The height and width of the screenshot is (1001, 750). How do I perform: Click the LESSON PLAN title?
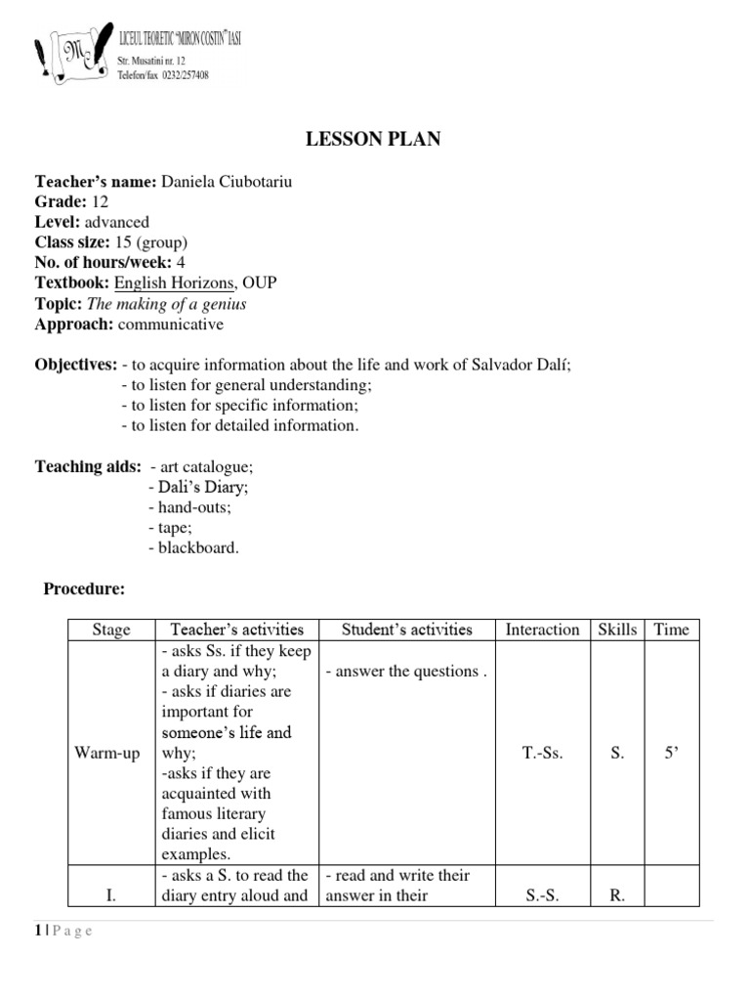(x=374, y=140)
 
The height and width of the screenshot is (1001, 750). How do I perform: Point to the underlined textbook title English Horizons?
(x=175, y=283)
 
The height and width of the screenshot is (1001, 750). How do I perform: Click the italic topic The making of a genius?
(x=182, y=304)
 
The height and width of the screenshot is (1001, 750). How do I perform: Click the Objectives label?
(x=76, y=365)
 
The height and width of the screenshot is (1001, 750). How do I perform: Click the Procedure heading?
(x=84, y=588)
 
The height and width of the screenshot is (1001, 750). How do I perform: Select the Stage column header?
(x=110, y=630)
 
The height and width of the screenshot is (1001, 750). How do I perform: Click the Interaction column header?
(x=542, y=630)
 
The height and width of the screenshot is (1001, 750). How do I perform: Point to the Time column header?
(x=671, y=630)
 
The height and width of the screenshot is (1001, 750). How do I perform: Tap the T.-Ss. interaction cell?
(x=542, y=753)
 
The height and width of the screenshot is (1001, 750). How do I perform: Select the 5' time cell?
(x=671, y=753)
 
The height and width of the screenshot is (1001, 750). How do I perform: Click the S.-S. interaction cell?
(x=542, y=895)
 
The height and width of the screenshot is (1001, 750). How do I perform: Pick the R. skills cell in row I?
(x=617, y=895)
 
